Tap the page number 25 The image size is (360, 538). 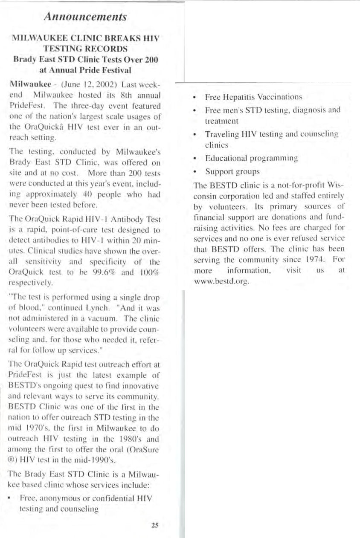pyautogui.click(x=155, y=525)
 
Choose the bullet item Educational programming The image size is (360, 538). pyautogui.click(x=251, y=158)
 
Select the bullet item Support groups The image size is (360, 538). pyautogui.click(x=232, y=172)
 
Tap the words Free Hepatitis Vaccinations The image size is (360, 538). pyautogui.click(x=254, y=97)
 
